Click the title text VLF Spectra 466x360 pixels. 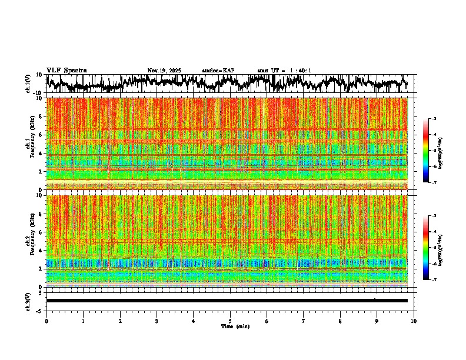(66, 71)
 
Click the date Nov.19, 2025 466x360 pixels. (164, 71)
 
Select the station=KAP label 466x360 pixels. (218, 71)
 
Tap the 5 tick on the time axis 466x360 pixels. (230, 321)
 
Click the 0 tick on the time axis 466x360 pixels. (46, 321)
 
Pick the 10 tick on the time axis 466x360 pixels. (414, 321)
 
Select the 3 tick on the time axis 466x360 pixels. (157, 321)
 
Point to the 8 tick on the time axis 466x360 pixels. (340, 321)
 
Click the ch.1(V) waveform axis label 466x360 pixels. (28, 84)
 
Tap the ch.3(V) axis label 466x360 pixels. (28, 301)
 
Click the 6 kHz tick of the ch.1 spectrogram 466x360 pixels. (42, 135)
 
